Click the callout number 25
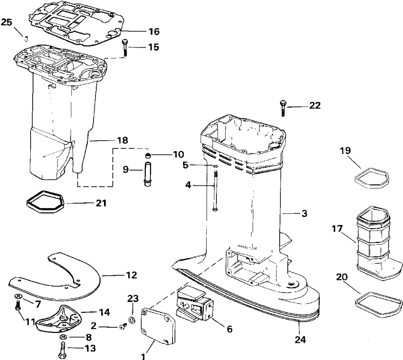point(6,22)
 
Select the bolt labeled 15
point(124,48)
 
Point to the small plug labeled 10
point(148,156)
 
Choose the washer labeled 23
point(131,321)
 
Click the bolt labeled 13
point(63,346)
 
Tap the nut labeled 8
point(63,337)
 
